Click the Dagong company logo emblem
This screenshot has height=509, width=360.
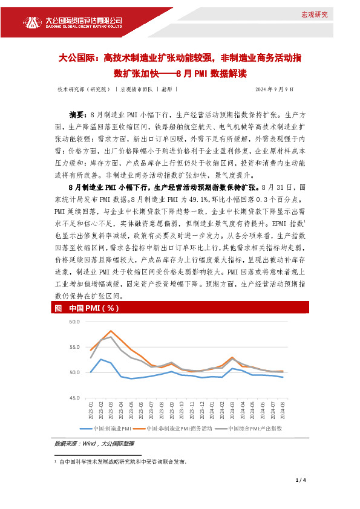pos(35,22)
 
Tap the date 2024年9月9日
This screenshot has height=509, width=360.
pos(274,89)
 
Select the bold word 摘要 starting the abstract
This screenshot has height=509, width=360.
pos(79,114)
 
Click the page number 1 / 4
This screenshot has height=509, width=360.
pos(301,480)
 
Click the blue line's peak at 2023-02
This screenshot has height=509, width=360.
pos(101,359)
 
